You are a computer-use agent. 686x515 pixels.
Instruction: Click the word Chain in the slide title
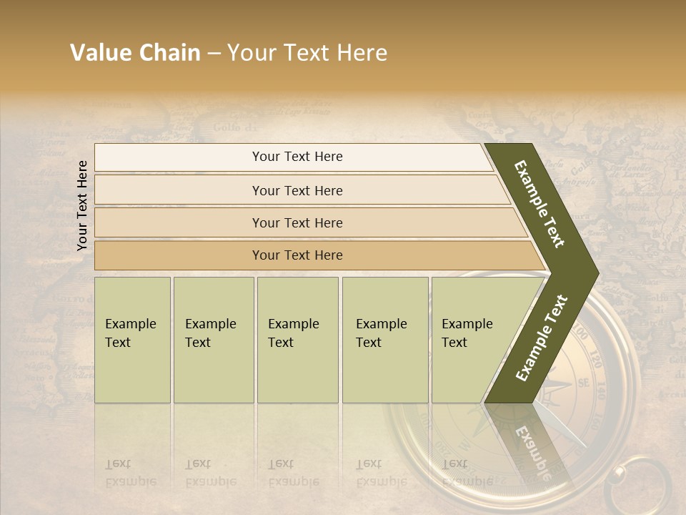pyautogui.click(x=169, y=53)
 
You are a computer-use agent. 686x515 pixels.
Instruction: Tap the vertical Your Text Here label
pyautogui.click(x=82, y=205)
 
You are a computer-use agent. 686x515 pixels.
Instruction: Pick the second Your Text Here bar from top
pyautogui.click(x=297, y=190)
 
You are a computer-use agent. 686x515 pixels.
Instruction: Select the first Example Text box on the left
pyautogui.click(x=132, y=340)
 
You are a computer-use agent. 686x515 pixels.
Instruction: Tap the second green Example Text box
pyautogui.click(x=214, y=340)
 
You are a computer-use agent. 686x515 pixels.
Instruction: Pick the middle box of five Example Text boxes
pyautogui.click(x=297, y=340)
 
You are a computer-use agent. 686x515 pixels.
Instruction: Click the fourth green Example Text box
pyautogui.click(x=385, y=340)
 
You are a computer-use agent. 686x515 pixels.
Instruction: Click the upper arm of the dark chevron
pyautogui.click(x=541, y=204)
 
